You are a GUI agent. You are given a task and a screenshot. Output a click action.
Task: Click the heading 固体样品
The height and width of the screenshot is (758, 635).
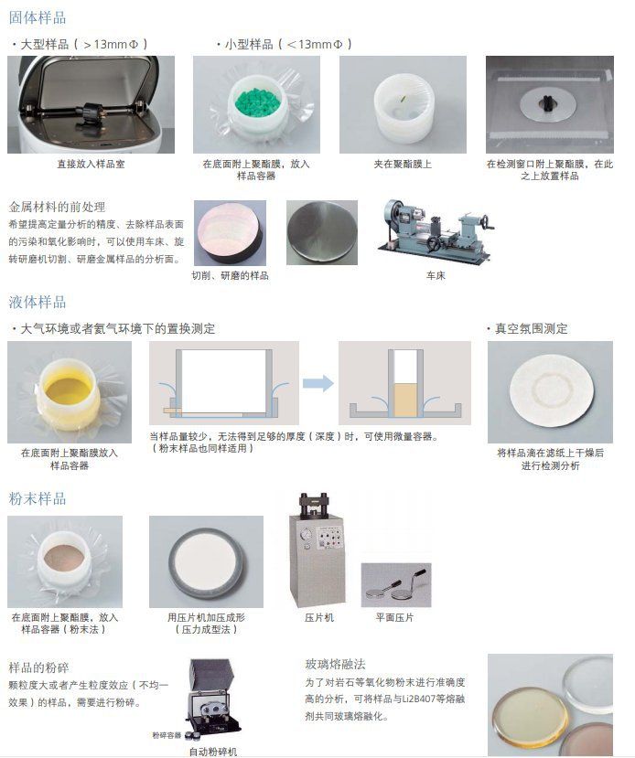coord(38,18)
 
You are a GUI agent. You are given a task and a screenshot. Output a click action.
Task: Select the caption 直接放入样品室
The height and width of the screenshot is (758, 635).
coord(91,164)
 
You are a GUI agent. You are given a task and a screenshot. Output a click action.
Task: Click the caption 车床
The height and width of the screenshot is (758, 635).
coord(436,275)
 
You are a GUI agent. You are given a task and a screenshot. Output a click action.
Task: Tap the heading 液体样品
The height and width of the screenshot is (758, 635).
coord(38,302)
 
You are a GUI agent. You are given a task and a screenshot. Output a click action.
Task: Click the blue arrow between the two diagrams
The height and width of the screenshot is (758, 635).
coord(318,383)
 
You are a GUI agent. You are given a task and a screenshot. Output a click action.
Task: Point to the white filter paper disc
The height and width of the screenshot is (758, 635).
coord(551,390)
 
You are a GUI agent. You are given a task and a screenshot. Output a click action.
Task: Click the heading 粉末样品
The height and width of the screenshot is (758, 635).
coord(38,498)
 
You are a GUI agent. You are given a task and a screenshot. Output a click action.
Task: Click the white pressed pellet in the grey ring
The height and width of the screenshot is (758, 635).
coord(207,561)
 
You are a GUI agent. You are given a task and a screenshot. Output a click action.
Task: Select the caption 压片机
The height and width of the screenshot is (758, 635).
coord(319,617)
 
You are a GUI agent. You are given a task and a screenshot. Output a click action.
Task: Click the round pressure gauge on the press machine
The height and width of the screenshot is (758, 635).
coord(306,535)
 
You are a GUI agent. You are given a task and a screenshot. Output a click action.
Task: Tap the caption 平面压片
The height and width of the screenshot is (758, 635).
coord(394,617)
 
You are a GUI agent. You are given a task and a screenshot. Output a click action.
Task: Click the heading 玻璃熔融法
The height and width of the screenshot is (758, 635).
coord(335,664)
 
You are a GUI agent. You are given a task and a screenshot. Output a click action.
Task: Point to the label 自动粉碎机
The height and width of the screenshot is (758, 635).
coord(213,752)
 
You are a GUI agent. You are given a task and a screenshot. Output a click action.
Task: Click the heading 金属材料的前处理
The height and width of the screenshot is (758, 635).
coord(57,207)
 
